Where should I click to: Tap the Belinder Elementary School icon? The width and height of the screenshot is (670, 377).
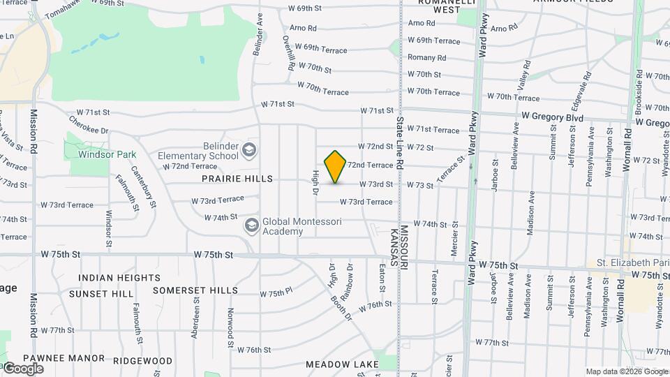(249, 150)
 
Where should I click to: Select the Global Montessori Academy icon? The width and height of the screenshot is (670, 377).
(251, 226)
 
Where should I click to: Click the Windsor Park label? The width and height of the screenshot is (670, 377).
(107, 154)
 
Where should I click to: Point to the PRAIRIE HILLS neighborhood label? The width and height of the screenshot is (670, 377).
(237, 179)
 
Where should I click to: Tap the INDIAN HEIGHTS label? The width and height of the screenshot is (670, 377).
(119, 278)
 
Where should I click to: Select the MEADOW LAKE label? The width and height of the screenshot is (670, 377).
(342, 364)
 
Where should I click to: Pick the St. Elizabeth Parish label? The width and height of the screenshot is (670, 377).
(627, 263)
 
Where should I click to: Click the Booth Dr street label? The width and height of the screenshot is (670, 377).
(343, 308)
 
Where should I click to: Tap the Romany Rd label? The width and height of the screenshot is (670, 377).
(426, 57)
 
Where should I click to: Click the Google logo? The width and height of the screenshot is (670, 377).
(23, 368)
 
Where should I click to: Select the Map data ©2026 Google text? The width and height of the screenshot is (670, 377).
(625, 371)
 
